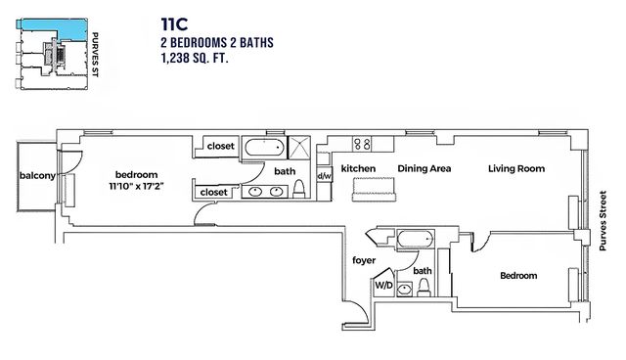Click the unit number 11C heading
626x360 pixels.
coord(174,24)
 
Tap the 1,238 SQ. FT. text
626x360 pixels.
coord(195,59)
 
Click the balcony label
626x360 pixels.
coord(37,176)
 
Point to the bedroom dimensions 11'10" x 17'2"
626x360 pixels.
coord(137,186)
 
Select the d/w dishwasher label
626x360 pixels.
coord(325,176)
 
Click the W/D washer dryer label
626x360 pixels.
coord(383,286)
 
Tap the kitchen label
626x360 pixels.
coord(358,169)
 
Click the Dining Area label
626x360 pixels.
coord(424,169)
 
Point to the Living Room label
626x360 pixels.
coord(516,169)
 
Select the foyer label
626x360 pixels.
coord(364,260)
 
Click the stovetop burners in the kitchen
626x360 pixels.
coord(362,144)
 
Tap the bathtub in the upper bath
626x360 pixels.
coord(265,148)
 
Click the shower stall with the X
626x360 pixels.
coord(298,148)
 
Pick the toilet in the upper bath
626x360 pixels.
coord(299,189)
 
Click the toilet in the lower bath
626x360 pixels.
coord(424,288)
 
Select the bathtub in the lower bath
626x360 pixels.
coord(416,240)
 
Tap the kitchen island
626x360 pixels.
coord(374,190)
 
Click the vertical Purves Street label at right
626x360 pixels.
coord(603,221)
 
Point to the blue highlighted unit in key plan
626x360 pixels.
coord(53,28)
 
